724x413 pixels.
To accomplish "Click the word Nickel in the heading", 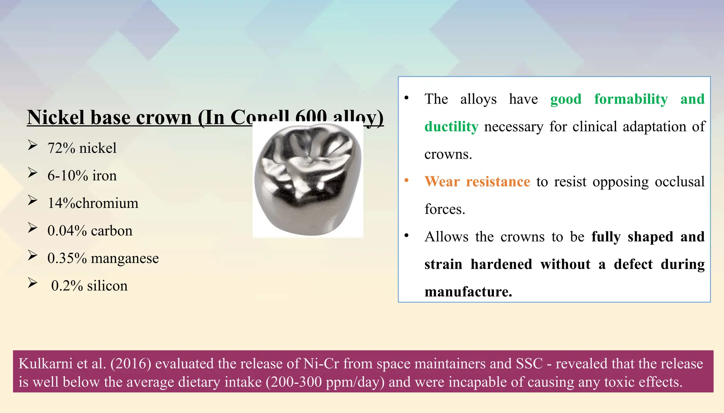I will [x=56, y=117].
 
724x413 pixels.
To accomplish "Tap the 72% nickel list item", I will [x=82, y=148].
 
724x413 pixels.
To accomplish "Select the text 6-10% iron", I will [x=82, y=176].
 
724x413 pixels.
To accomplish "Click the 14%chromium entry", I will [x=93, y=203].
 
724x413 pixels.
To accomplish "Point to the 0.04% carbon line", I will [x=90, y=231].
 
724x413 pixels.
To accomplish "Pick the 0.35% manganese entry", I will [x=103, y=258].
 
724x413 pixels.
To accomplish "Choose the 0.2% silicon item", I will [x=89, y=286].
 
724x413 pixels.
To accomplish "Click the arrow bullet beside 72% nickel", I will [x=33, y=145].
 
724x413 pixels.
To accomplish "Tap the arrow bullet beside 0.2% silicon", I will [x=33, y=283].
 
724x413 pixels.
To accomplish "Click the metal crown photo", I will [x=308, y=180].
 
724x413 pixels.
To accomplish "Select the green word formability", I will [x=631, y=99].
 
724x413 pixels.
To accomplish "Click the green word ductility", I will [x=451, y=127].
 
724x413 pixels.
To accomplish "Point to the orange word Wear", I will [x=442, y=182].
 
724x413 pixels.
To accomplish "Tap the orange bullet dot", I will [x=407, y=181].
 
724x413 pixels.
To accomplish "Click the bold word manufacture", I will [x=468, y=292].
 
